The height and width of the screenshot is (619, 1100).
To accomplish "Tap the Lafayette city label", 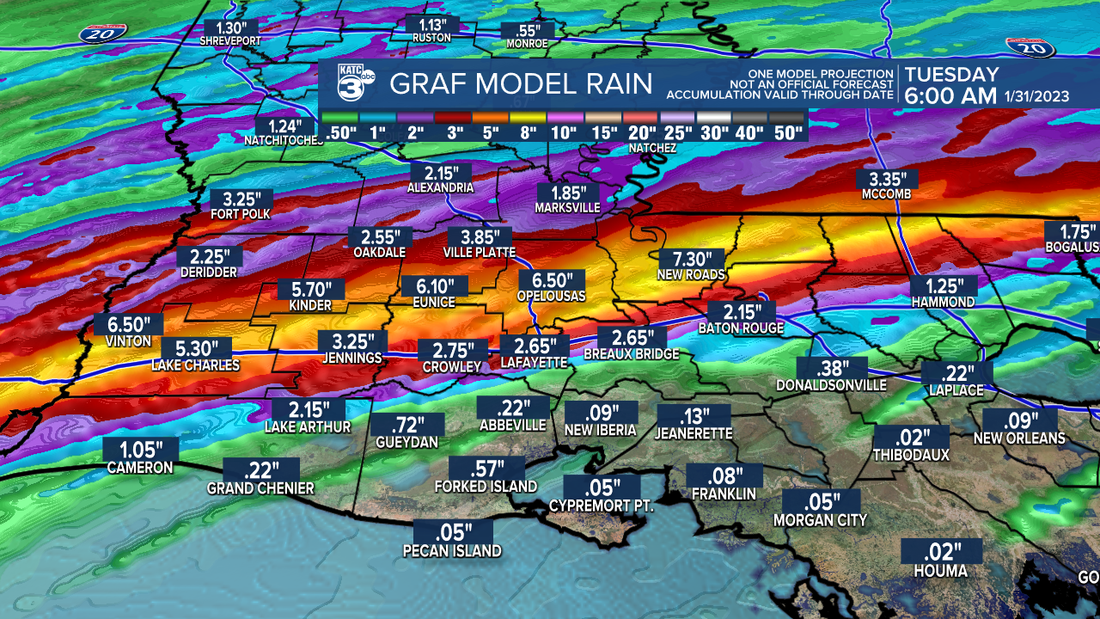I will pyautogui.click(x=535, y=364).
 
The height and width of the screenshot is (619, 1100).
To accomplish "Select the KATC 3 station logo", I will pyautogui.click(x=355, y=83).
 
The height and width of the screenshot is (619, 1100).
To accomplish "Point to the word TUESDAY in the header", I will pyautogui.click(x=952, y=75).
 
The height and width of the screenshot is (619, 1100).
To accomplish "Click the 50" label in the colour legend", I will pyautogui.click(x=787, y=133).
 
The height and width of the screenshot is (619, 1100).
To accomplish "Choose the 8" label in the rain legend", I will pyautogui.click(x=528, y=133).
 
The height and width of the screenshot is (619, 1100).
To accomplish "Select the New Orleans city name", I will pyautogui.click(x=1019, y=438).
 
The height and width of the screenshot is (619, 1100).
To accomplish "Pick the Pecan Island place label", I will pyautogui.click(x=452, y=551).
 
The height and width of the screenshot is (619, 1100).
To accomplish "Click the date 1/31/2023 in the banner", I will pyautogui.click(x=1036, y=97).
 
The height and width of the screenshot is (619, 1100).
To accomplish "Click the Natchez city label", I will pyautogui.click(x=652, y=149).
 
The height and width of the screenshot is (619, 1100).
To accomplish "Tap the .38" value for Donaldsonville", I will pyautogui.click(x=831, y=369).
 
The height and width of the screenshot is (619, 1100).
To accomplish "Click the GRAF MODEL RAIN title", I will pyautogui.click(x=521, y=84).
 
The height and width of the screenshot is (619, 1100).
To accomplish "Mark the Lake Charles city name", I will pyautogui.click(x=196, y=365).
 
